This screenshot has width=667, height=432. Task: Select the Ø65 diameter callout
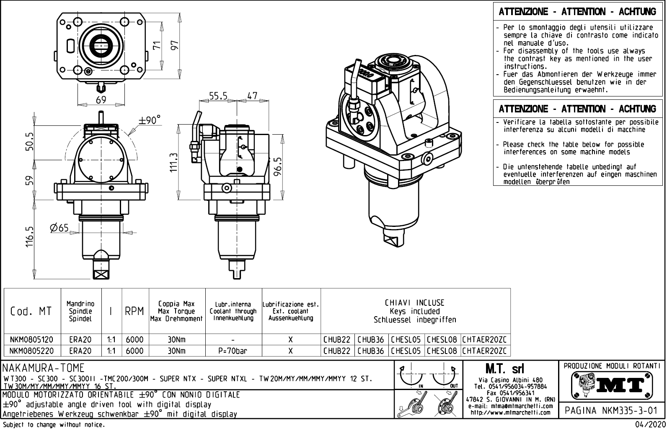(59, 228)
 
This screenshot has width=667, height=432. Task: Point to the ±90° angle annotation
(150, 120)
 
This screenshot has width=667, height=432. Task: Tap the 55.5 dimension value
(218, 96)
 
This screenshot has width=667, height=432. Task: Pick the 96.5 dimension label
(278, 167)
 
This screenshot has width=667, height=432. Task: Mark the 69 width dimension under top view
(101, 100)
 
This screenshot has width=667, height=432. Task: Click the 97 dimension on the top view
(174, 44)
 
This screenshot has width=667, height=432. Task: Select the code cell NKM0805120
(31, 339)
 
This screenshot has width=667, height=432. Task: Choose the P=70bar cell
(233, 351)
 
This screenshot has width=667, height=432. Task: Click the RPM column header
(134, 311)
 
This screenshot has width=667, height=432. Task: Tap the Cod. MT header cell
(31, 311)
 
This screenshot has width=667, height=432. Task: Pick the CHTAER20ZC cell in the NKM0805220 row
(484, 351)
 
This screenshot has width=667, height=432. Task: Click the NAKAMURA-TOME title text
(44, 368)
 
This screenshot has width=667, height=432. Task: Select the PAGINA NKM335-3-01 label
(611, 410)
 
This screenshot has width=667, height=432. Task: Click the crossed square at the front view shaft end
(102, 275)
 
